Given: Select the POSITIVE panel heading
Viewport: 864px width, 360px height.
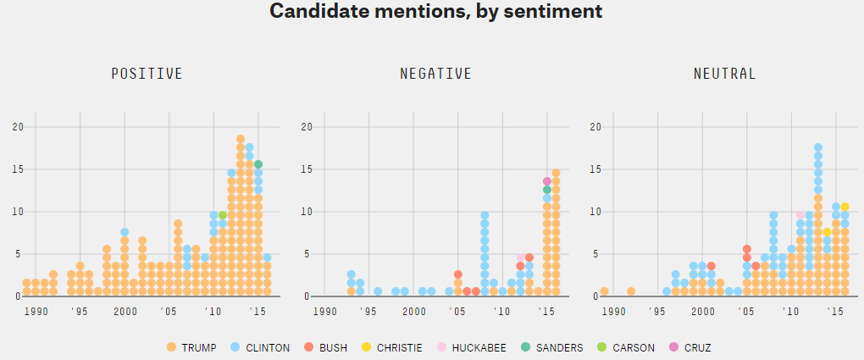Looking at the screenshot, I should click(x=147, y=74).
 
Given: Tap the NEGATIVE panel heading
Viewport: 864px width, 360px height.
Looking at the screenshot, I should click(x=435, y=74).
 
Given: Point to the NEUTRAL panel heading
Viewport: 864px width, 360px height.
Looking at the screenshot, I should click(x=724, y=74).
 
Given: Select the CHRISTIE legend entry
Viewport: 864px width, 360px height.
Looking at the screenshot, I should click(x=396, y=347).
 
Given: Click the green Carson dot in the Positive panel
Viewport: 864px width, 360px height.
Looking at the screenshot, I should click(x=223, y=215).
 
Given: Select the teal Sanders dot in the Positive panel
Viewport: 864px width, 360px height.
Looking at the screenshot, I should click(x=258, y=164).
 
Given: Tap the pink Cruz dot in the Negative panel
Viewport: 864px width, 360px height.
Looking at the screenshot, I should click(x=547, y=181).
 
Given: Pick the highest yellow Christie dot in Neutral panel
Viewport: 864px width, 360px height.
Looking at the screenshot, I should click(x=845, y=207).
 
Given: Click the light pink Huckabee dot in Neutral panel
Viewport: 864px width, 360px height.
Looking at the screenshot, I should click(x=800, y=215).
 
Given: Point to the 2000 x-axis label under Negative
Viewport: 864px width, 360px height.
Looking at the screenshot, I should click(x=413, y=312).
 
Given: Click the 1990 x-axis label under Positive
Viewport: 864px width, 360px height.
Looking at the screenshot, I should click(x=36, y=312).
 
